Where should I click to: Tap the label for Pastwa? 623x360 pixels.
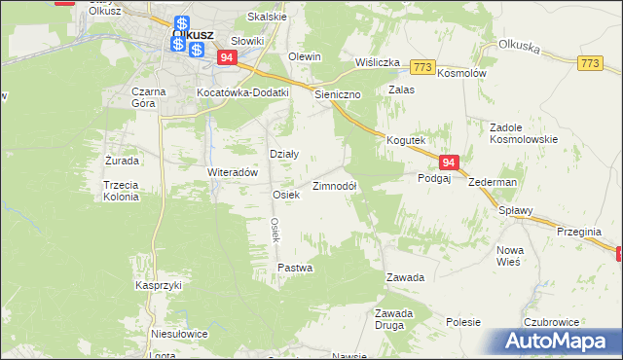pyautogui.click(x=295, y=268)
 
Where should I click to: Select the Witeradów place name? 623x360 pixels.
pyautogui.click(x=232, y=171)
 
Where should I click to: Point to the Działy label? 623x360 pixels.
pyautogui.click(x=283, y=154)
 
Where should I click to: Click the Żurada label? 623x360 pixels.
pyautogui.click(x=122, y=160)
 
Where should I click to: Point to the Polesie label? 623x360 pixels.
pyautogui.click(x=464, y=321)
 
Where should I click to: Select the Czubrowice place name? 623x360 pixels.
pyautogui.click(x=552, y=321)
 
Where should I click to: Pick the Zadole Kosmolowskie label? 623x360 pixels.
pyautogui.click(x=524, y=133)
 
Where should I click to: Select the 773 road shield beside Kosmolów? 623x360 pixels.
pyautogui.click(x=422, y=66)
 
